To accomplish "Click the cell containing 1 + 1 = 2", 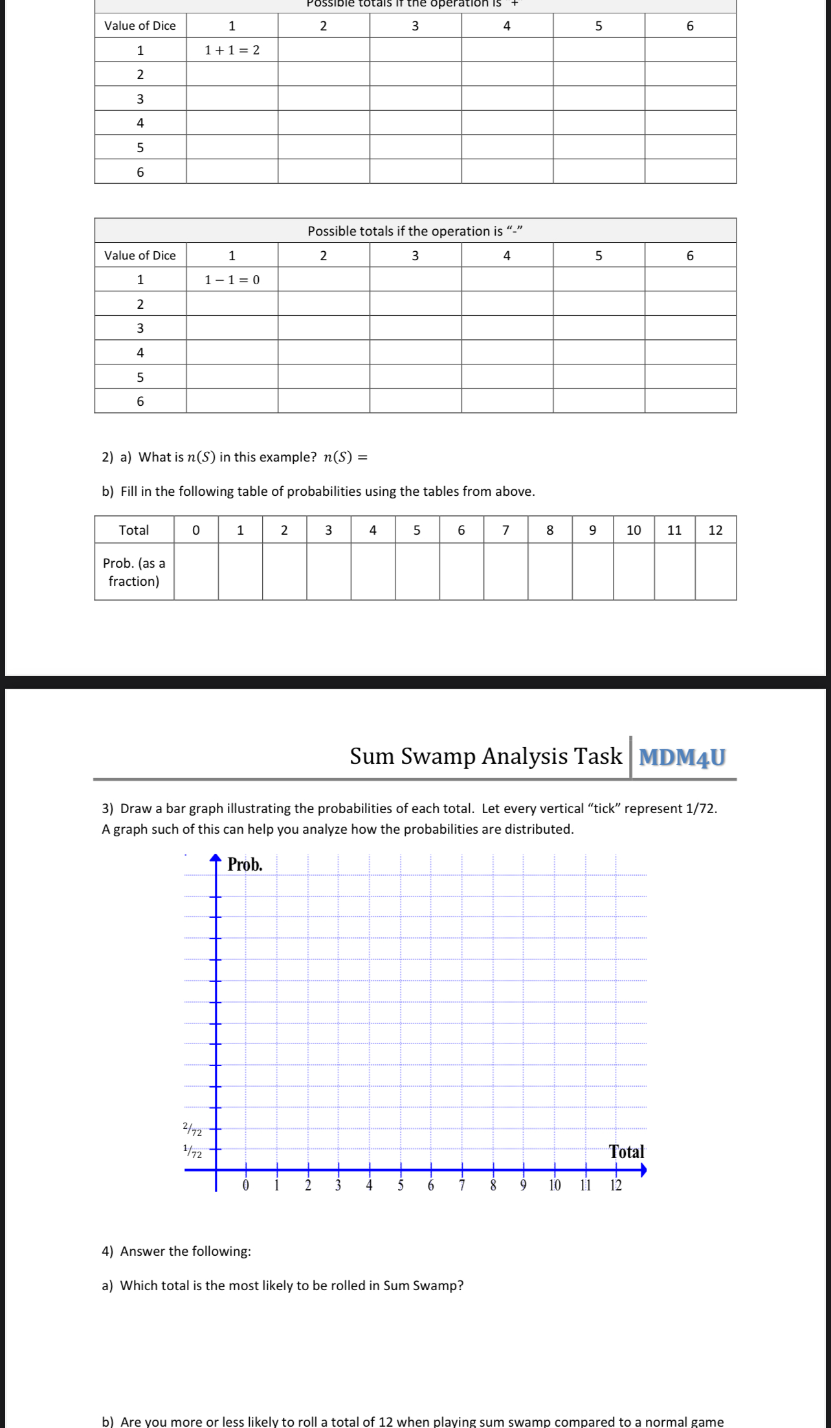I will click(x=232, y=50).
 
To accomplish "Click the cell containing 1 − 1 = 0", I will click(x=232, y=280).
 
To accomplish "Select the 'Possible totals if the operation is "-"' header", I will click(x=415, y=231).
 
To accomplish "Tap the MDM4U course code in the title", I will click(x=682, y=757).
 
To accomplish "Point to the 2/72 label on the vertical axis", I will click(x=192, y=1130).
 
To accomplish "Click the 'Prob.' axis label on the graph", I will click(x=245, y=865).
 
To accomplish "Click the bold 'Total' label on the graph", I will click(x=626, y=1152).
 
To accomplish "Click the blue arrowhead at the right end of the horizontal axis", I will click(x=643, y=1170).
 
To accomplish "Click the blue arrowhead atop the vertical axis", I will click(x=216, y=860).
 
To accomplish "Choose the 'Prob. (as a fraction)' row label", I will click(x=134, y=572).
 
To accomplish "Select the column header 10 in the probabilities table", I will click(x=634, y=530).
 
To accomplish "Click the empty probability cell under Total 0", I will click(x=196, y=572).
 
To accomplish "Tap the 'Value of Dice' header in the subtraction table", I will click(x=140, y=255).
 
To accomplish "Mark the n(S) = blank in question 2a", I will click(x=388, y=457).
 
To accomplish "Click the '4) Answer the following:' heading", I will click(x=176, y=1251).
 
